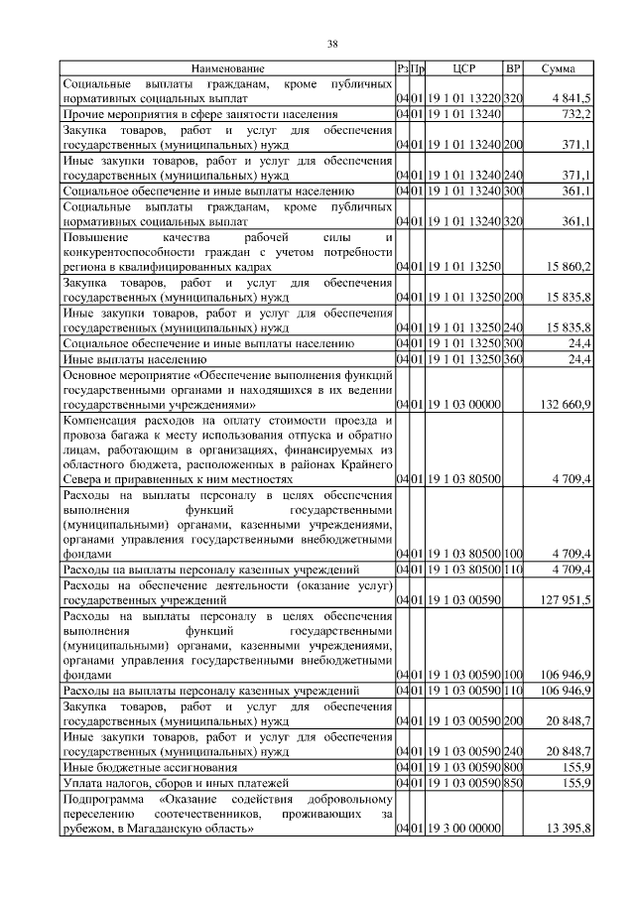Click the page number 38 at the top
click(x=333, y=44)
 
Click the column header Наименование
click(x=228, y=68)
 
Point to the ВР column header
click(x=513, y=68)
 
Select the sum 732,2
click(x=575, y=115)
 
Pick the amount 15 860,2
click(x=569, y=267)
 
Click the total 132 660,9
click(x=566, y=404)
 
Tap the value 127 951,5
click(x=566, y=599)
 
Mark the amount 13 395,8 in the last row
click(x=569, y=828)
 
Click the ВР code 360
click(x=513, y=358)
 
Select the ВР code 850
click(x=513, y=783)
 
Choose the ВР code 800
click(x=513, y=767)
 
